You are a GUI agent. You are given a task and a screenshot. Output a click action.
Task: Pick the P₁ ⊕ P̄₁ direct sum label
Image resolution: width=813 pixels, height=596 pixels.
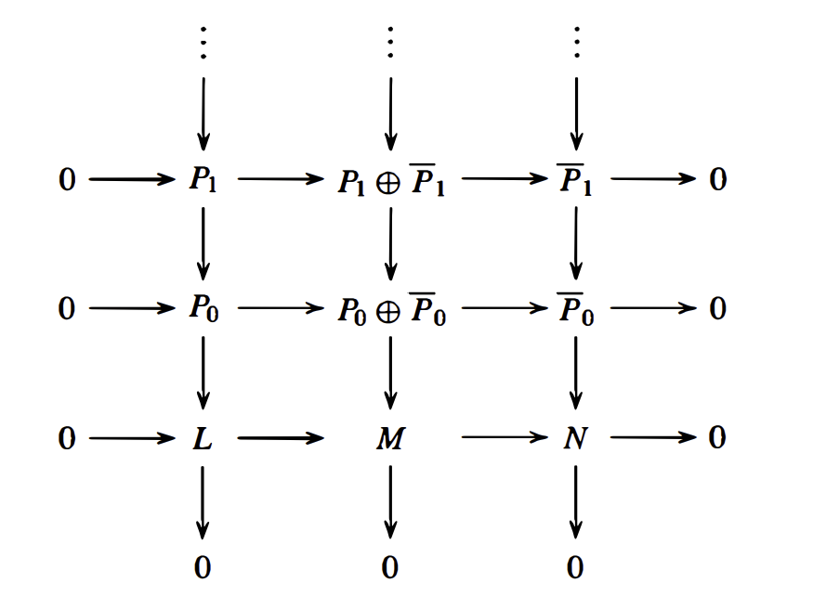(391, 181)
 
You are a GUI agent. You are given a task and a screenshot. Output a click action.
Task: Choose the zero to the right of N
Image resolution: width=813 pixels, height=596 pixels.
(717, 437)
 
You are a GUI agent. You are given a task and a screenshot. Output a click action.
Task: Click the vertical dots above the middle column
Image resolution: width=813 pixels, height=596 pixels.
(390, 42)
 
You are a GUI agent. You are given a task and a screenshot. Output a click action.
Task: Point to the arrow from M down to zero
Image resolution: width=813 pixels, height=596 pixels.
(390, 501)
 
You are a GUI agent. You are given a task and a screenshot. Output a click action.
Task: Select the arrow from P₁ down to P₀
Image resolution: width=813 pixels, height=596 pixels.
(203, 243)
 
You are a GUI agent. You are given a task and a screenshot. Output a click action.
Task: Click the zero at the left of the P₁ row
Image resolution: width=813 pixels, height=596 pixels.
(67, 179)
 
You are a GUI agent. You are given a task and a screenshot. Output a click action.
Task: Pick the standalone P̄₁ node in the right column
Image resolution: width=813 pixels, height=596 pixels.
(576, 181)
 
